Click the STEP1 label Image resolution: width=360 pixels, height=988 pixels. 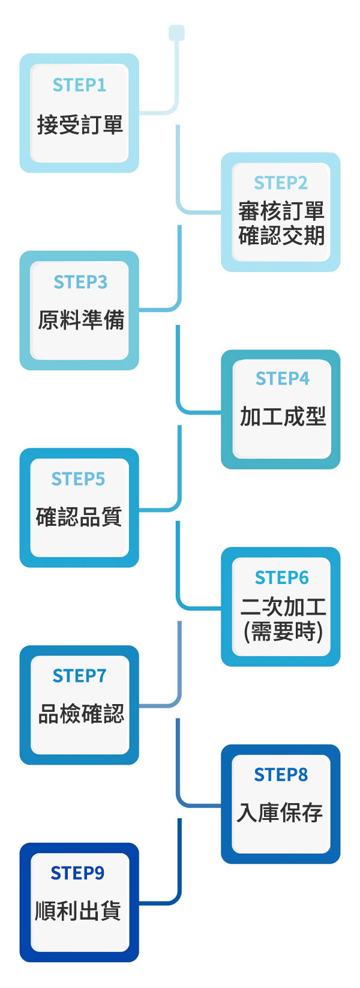coord(79,85)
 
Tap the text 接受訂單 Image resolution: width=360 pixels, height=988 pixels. coord(80,125)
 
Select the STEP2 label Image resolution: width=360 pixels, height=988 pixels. coord(280,182)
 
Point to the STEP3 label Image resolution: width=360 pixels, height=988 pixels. coord(80,282)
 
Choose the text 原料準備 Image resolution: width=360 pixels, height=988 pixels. coord(81,320)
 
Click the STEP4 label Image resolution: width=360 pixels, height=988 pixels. coord(282,379)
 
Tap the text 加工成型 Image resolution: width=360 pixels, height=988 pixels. coord(283,417)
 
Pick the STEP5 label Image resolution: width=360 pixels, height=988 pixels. coord(78,479)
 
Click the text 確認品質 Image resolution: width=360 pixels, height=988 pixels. coord(79,517)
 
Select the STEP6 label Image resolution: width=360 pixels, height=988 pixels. coord(281,577)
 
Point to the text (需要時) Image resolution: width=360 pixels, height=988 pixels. coord(283,631)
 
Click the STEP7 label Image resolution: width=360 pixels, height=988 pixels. coord(79,676)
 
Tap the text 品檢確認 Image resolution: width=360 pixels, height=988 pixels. coord(81,714)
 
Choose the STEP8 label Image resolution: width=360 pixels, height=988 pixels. coord(280,775)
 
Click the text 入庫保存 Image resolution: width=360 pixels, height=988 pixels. coord(280,813)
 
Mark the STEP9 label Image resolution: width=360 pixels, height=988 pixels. coord(77,873)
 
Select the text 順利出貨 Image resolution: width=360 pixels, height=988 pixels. coord(78,911)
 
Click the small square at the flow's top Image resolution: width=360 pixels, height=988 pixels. coord(176,32)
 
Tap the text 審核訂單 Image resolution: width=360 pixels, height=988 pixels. coord(281,211)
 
